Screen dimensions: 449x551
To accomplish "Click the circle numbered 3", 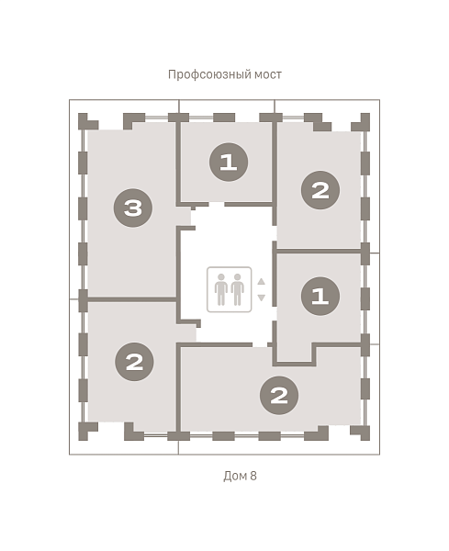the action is pyautogui.click(x=133, y=208).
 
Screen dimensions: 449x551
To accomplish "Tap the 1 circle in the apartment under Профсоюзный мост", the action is pyautogui.click(x=229, y=162).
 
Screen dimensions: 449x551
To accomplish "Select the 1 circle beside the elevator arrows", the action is pyautogui.click(x=320, y=296).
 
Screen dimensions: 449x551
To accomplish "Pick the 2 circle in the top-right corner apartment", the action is pyautogui.click(x=320, y=190).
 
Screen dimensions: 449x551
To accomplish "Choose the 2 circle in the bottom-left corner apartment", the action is pyautogui.click(x=134, y=362).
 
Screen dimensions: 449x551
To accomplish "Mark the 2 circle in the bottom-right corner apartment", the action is pyautogui.click(x=279, y=395).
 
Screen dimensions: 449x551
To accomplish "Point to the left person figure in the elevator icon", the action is pyautogui.click(x=221, y=289).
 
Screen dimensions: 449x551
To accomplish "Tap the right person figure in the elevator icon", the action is pyautogui.click(x=238, y=289).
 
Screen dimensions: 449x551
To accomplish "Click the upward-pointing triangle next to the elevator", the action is pyautogui.click(x=261, y=282).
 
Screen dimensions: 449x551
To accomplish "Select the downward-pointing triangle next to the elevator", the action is pyautogui.click(x=261, y=298).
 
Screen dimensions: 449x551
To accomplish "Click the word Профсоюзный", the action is pyautogui.click(x=209, y=75).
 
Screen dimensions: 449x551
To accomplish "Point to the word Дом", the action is pyautogui.click(x=235, y=476).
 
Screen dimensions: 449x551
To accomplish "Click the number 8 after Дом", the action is pyautogui.click(x=253, y=476).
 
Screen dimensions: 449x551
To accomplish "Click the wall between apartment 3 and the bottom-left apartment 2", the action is pyautogui.click(x=131, y=299).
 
